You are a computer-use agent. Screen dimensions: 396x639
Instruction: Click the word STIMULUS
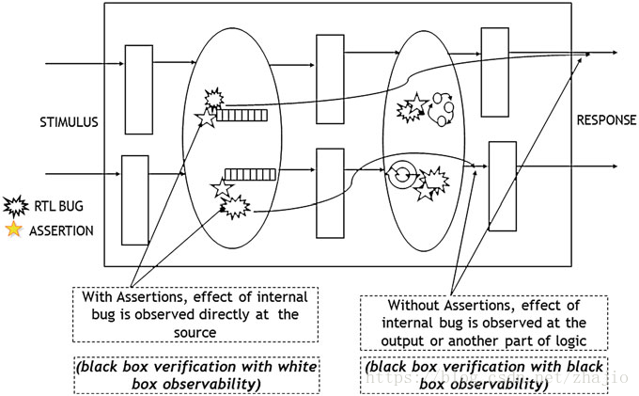tap(70, 122)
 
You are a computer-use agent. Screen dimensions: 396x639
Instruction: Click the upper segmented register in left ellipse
tap(242, 116)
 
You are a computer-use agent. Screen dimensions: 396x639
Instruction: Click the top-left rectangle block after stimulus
tap(139, 76)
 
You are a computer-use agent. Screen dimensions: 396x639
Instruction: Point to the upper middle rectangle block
tap(330, 66)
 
